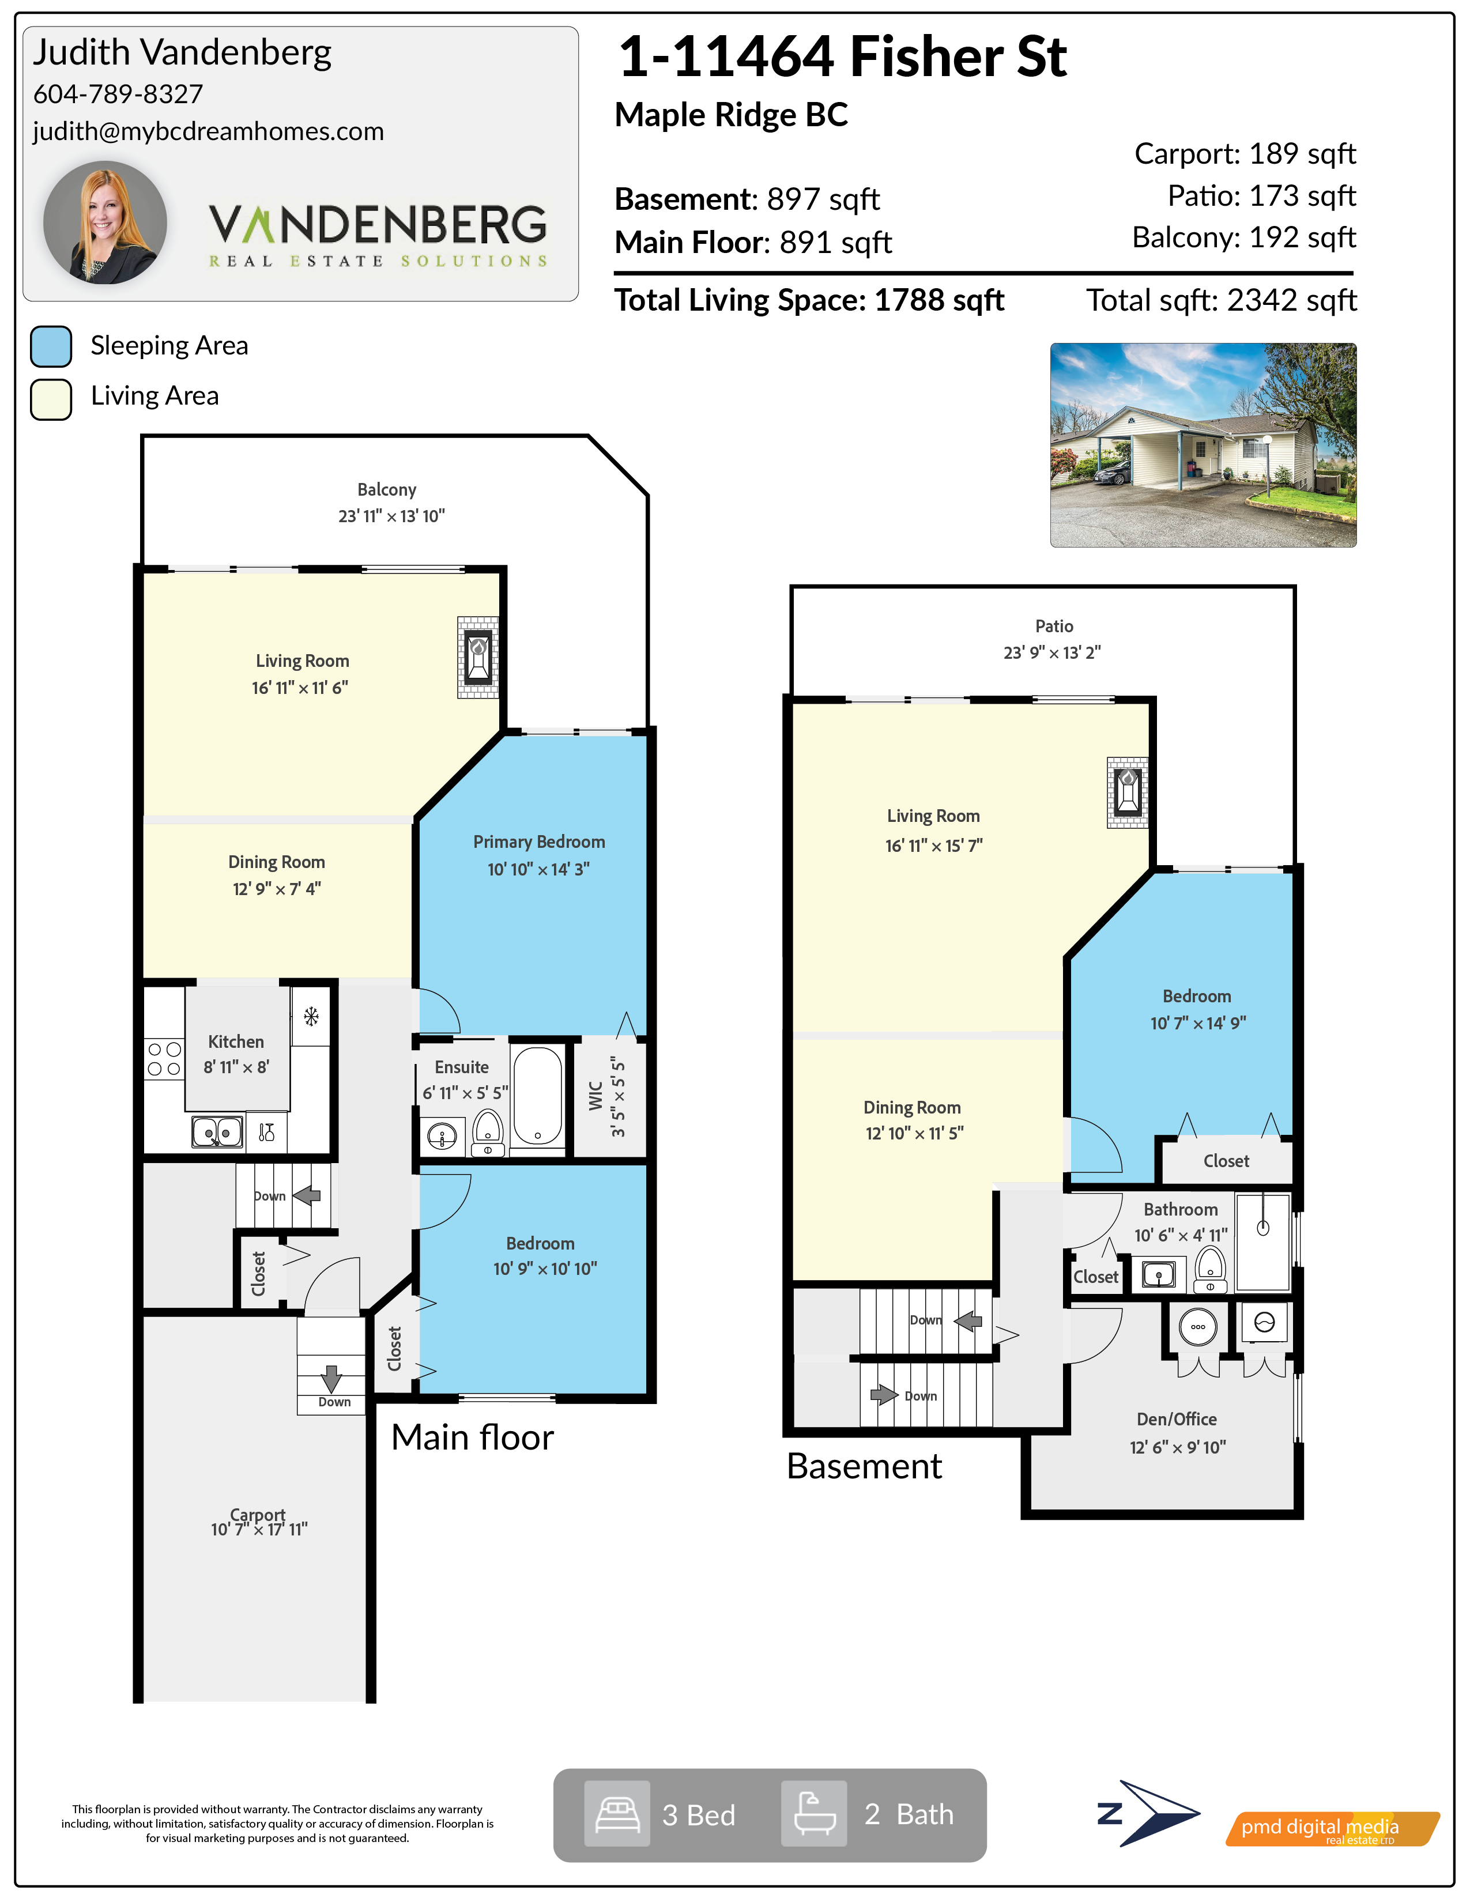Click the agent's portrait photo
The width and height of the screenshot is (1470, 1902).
(105, 223)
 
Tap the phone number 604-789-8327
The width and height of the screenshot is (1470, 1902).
(118, 94)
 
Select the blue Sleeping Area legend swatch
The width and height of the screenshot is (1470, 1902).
(51, 346)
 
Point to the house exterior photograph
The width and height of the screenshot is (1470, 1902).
(1203, 445)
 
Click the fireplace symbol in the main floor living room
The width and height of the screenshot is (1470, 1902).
(478, 658)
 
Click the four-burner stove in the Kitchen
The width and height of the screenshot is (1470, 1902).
(164, 1059)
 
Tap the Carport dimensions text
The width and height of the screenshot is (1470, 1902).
(259, 1529)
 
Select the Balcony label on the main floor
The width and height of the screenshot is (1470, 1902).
(387, 489)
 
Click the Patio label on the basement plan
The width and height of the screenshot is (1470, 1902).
(1054, 626)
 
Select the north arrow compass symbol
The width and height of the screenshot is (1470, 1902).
(1149, 1814)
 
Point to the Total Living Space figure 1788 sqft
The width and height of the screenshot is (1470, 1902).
(938, 300)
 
